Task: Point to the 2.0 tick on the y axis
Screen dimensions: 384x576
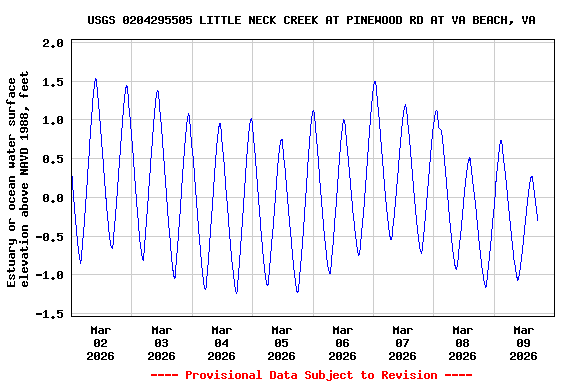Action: click(53, 44)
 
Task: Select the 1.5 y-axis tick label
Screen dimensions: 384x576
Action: click(53, 82)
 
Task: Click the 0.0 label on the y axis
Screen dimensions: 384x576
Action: click(53, 198)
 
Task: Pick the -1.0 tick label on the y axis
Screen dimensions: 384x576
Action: click(50, 275)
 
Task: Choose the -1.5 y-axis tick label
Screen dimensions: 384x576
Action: click(50, 314)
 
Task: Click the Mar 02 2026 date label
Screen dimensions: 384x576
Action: click(101, 342)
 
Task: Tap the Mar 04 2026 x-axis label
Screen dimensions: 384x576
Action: click(221, 342)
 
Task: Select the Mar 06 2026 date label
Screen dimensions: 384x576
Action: click(342, 342)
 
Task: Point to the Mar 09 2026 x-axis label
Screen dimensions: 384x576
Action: click(523, 342)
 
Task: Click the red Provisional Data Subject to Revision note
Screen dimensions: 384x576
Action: click(311, 375)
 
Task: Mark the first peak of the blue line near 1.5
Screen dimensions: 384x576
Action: click(95, 79)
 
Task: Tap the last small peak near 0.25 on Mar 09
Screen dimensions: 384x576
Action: click(532, 177)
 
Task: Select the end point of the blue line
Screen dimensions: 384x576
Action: click(538, 220)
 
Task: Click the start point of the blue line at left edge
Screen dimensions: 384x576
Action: click(72, 177)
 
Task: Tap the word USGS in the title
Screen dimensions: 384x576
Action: click(103, 19)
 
